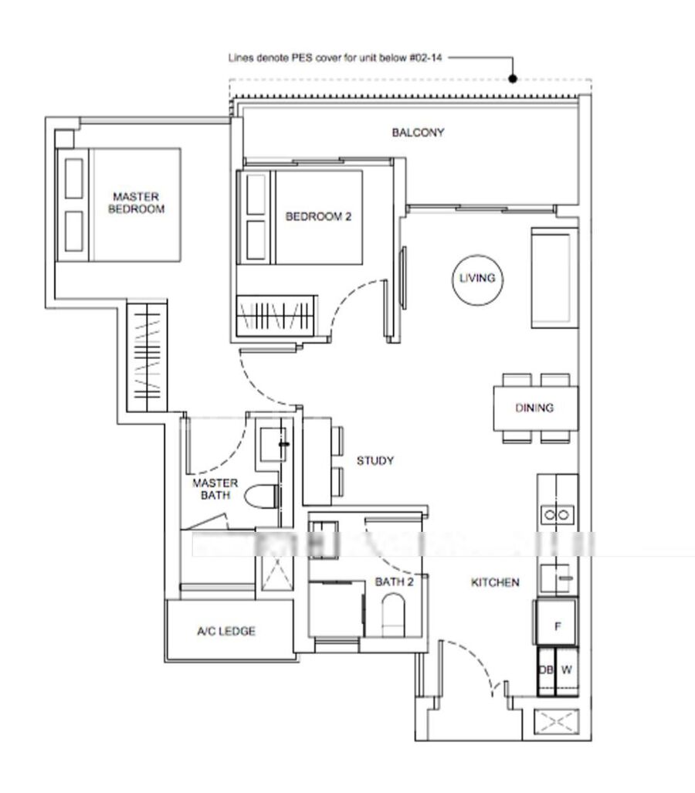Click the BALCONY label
click(418, 133)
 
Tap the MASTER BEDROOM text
click(136, 203)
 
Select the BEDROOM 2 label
click(318, 216)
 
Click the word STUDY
click(375, 461)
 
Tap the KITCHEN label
click(495, 583)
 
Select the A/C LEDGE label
click(226, 631)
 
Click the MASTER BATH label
click(215, 489)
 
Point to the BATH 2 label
click(394, 582)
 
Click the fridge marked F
click(557, 623)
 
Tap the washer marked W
click(567, 670)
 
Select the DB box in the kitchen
click(546, 670)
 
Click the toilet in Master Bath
click(260, 496)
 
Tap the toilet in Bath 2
click(393, 615)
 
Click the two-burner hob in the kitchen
click(557, 515)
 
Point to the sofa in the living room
click(554, 278)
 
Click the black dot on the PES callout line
click(513, 79)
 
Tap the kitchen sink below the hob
click(556, 578)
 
